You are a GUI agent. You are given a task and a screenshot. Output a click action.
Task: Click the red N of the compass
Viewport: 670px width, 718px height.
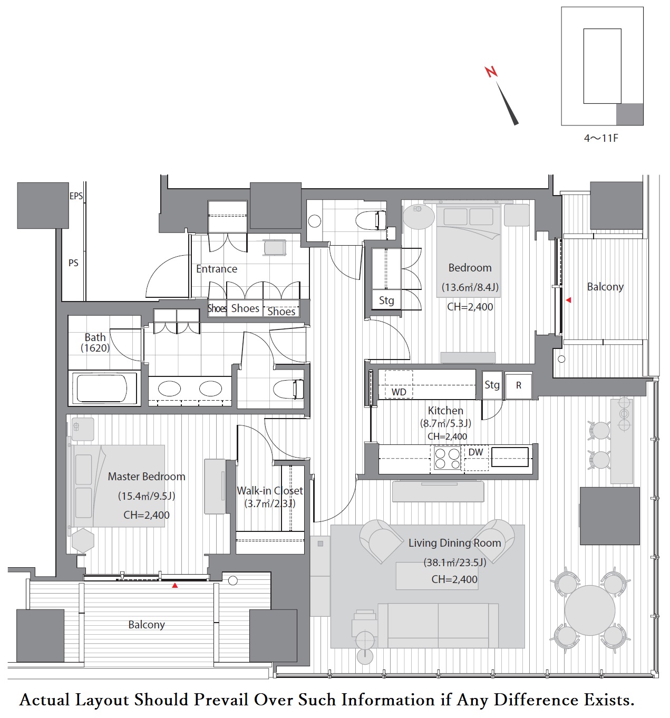pyautogui.click(x=491, y=72)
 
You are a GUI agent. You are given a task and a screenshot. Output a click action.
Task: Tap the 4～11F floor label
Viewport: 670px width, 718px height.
pyautogui.click(x=601, y=138)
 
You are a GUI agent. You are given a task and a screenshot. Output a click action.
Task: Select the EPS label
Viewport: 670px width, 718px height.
pyautogui.click(x=76, y=196)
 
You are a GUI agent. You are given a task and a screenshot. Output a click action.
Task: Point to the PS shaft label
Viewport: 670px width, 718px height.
pyautogui.click(x=73, y=263)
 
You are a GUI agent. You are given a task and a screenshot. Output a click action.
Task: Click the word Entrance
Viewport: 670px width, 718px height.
pyautogui.click(x=217, y=269)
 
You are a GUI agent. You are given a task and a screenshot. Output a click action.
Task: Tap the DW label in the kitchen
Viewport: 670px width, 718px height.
pyautogui.click(x=475, y=452)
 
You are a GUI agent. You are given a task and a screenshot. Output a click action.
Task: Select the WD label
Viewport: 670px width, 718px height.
pyautogui.click(x=399, y=392)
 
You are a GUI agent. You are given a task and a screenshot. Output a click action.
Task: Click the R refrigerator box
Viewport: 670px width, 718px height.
pyautogui.click(x=519, y=385)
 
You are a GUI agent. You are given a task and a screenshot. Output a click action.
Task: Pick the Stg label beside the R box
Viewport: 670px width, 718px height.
pyautogui.click(x=492, y=385)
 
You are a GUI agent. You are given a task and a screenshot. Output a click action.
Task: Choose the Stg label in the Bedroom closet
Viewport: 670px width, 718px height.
pyautogui.click(x=386, y=300)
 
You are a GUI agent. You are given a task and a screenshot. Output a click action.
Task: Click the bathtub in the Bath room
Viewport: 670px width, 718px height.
pyautogui.click(x=104, y=388)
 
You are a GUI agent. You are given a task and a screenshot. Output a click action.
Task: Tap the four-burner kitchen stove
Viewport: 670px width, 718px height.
pyautogui.click(x=447, y=458)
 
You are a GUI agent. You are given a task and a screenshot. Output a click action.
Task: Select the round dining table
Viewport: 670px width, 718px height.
pyautogui.click(x=590, y=610)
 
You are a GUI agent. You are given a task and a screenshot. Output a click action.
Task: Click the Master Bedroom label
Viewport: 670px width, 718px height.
pyautogui.click(x=147, y=477)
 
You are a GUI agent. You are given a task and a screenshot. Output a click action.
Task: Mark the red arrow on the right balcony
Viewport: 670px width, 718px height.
pyautogui.click(x=568, y=300)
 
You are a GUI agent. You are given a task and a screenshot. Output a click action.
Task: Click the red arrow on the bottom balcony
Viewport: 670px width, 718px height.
pyautogui.click(x=174, y=585)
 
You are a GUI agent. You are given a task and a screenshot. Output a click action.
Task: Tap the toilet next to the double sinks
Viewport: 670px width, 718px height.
pyautogui.click(x=288, y=389)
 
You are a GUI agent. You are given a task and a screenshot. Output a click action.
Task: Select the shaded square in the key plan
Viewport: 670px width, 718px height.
pyautogui.click(x=629, y=114)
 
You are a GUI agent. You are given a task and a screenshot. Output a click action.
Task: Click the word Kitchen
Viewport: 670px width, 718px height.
pyautogui.click(x=445, y=410)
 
